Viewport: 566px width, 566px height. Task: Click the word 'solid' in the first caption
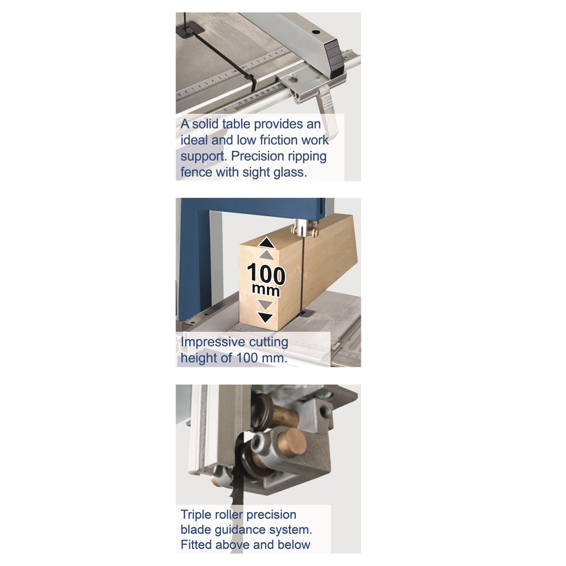click(205, 124)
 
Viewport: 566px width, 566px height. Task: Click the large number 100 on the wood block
click(266, 275)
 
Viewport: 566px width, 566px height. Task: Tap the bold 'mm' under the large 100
click(266, 291)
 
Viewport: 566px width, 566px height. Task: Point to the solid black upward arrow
click(266, 243)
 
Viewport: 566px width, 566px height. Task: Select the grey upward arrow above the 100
click(266, 255)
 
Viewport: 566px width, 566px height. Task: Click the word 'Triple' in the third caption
click(196, 515)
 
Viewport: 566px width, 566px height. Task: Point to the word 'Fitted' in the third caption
click(196, 545)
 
